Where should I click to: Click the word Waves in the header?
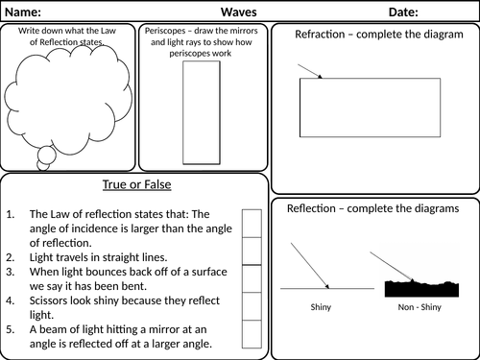[x=239, y=12]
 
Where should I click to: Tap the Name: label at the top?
[x=23, y=12]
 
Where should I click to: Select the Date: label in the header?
[x=403, y=12]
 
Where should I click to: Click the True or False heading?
[x=137, y=184]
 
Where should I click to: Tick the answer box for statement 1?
[x=252, y=224]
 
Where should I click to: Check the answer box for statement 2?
[x=252, y=252]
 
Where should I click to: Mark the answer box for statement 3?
[x=252, y=278]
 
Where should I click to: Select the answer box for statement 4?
[x=252, y=306]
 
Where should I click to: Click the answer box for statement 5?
[x=252, y=334]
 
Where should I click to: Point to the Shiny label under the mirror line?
[x=321, y=307]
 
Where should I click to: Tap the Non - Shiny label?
[x=420, y=307]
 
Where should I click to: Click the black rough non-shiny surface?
[x=421, y=289]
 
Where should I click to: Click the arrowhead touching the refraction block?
[x=320, y=77]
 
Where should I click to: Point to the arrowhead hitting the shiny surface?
[x=327, y=286]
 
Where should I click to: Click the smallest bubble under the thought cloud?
[x=43, y=165]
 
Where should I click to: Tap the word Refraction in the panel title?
[x=320, y=35]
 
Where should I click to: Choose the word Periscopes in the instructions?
[x=165, y=31]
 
